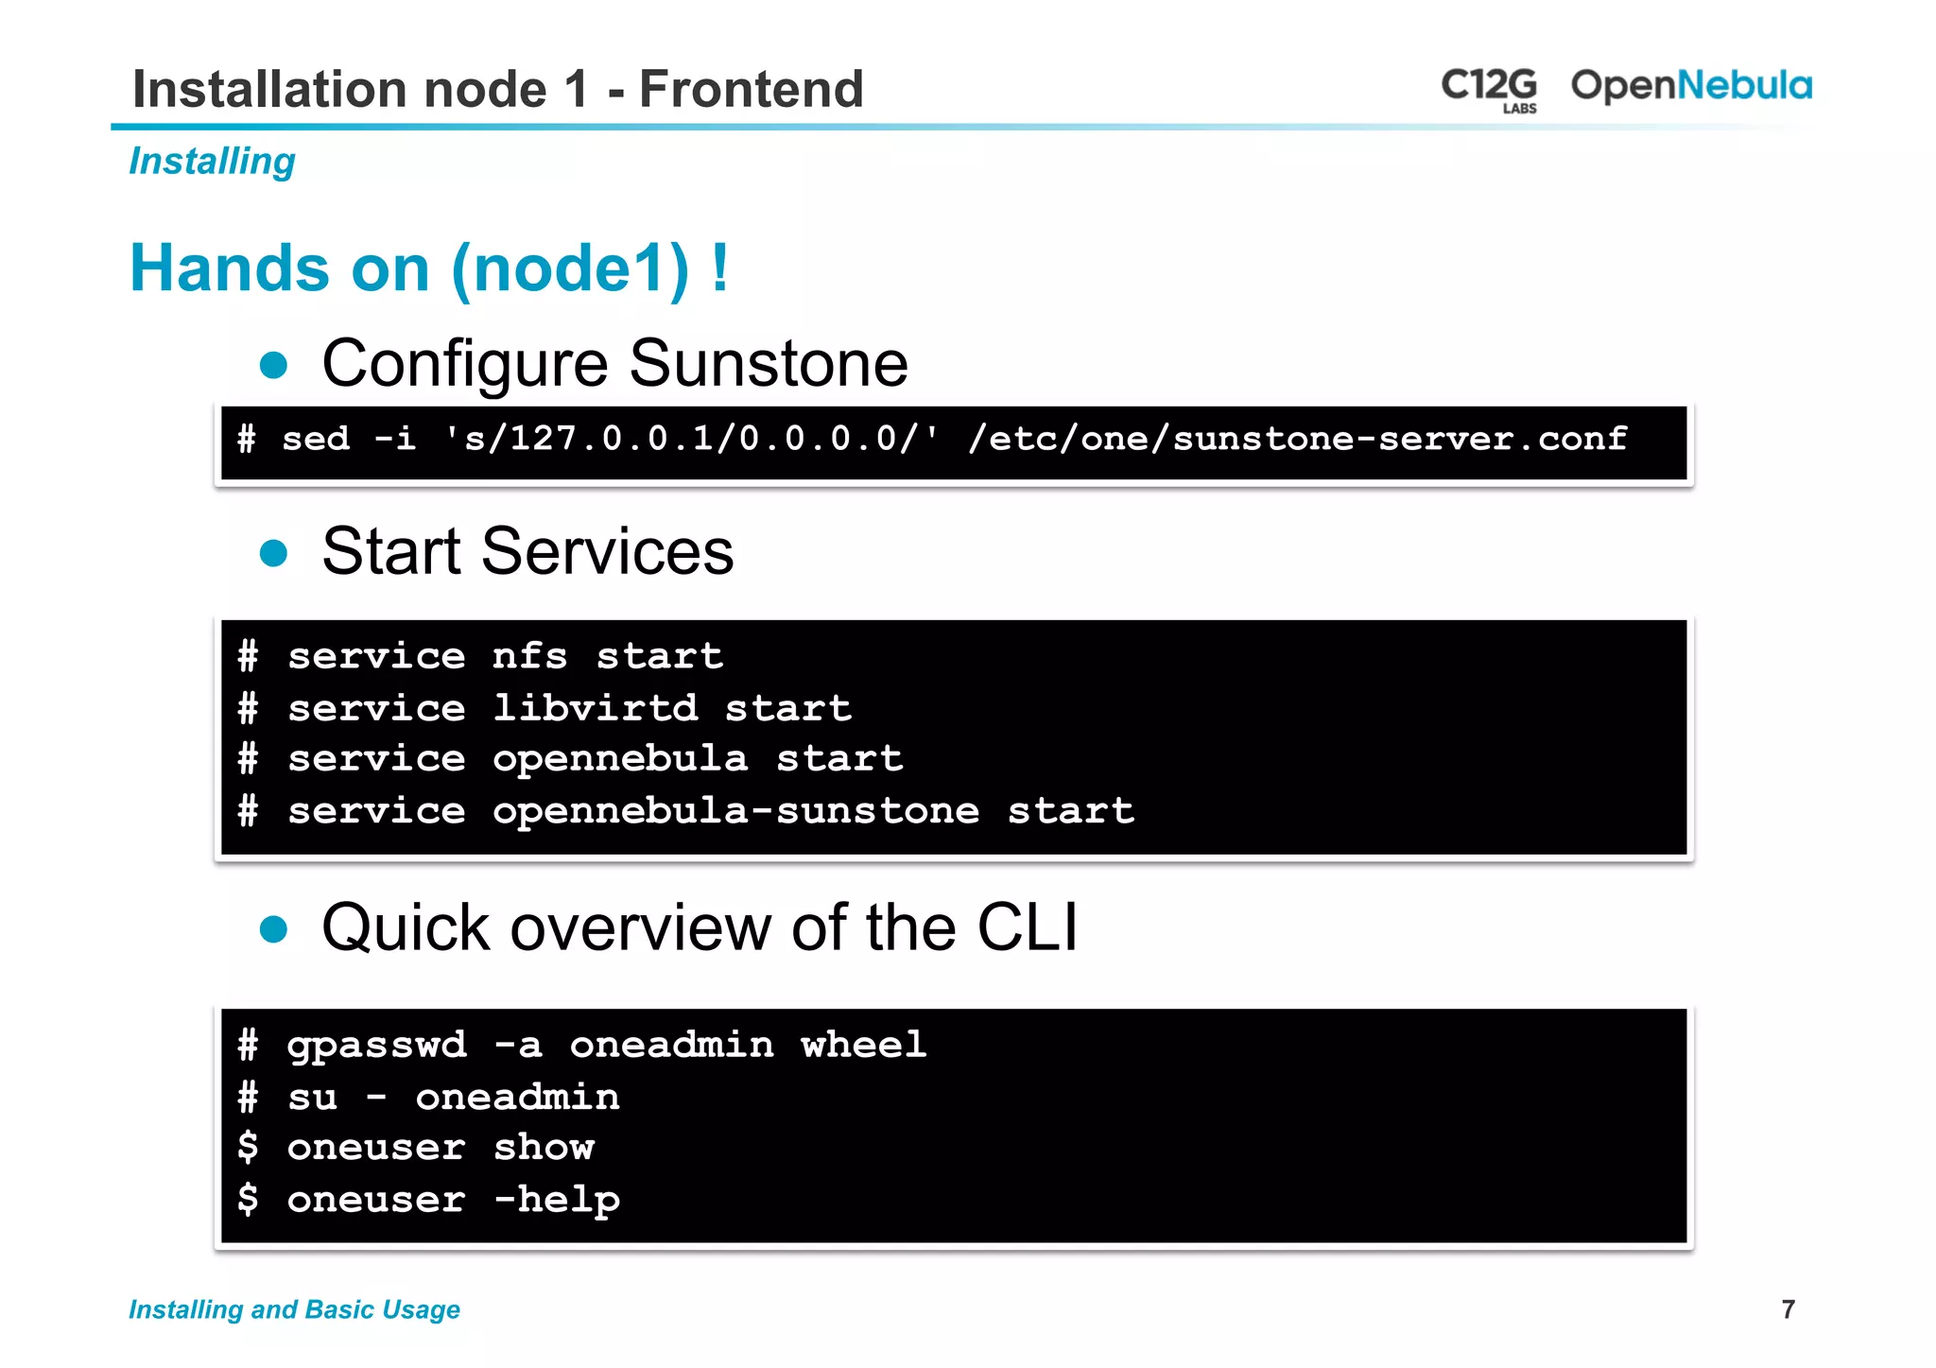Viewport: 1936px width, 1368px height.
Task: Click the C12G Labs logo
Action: pyautogui.click(x=1489, y=88)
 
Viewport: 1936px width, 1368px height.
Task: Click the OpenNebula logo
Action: pyautogui.click(x=1690, y=86)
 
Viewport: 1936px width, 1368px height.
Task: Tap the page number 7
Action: pyautogui.click(x=1788, y=1309)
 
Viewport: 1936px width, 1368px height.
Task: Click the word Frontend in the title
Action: pyautogui.click(x=751, y=89)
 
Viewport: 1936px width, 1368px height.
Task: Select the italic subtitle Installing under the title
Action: pyautogui.click(x=212, y=162)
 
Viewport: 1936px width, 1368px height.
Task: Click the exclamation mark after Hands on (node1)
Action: pyautogui.click(x=720, y=268)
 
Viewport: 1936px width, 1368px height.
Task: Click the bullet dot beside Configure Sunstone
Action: pyautogui.click(x=273, y=365)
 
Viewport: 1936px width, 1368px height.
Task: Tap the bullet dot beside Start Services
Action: pyautogui.click(x=273, y=553)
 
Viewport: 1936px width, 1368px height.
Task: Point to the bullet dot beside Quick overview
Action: pyautogui.click(x=273, y=929)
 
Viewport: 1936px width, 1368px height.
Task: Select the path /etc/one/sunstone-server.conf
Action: pyautogui.click(x=1296, y=439)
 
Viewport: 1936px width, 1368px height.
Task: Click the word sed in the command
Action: pyautogui.click(x=316, y=439)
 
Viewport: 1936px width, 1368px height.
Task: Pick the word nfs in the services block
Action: pyautogui.click(x=529, y=656)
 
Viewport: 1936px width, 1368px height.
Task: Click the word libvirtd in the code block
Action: pyautogui.click(x=595, y=707)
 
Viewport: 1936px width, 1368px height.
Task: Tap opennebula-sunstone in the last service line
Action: pyautogui.click(x=735, y=810)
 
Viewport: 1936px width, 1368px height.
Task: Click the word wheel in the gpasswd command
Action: pyautogui.click(x=863, y=1045)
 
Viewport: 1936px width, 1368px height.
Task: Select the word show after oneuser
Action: pyautogui.click(x=544, y=1147)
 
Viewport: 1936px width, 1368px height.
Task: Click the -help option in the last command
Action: pyautogui.click(x=557, y=1199)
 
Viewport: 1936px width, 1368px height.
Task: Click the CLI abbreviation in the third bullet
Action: pyautogui.click(x=1027, y=927)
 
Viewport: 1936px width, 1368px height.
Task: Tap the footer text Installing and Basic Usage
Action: pyautogui.click(x=294, y=1309)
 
